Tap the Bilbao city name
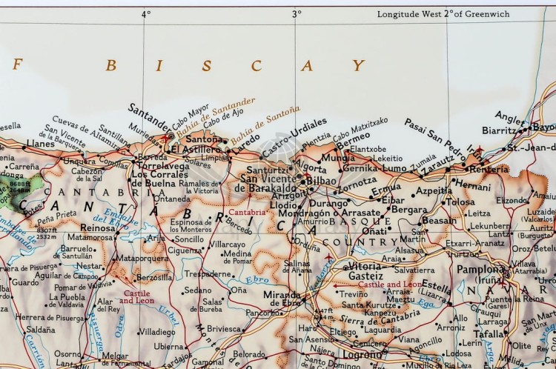pos(320,180)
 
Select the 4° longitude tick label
pos(145,13)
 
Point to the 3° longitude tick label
pos(297,13)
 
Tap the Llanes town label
pos(40,143)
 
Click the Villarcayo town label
pos(226,244)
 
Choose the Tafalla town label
pos(489,334)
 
